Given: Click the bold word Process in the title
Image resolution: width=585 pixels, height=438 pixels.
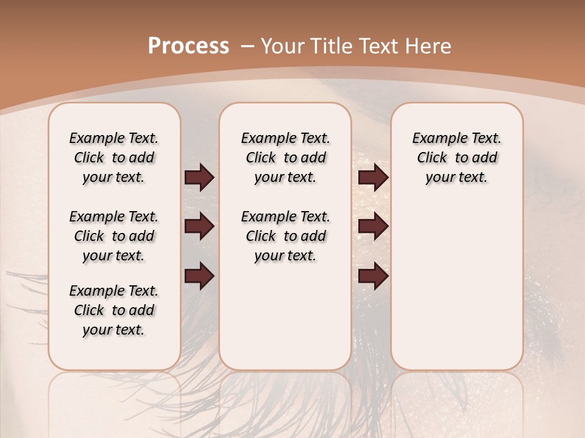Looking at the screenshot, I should coord(188,46).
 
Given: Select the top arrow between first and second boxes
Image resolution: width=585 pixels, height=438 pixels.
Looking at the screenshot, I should coord(199,177).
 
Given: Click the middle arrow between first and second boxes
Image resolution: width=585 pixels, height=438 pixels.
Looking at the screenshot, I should coord(199,226).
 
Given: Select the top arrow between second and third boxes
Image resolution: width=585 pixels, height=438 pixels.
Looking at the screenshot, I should coord(374,177).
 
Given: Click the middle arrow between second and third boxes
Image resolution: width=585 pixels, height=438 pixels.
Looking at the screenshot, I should coord(374,226).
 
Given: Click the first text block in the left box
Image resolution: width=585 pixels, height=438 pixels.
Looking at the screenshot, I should coord(114,158).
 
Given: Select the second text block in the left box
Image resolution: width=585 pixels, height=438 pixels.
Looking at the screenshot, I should coord(114,236).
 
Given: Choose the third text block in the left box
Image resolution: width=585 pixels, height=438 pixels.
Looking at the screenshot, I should coord(114,310).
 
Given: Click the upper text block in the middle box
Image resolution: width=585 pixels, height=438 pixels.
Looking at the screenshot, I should coord(285,158).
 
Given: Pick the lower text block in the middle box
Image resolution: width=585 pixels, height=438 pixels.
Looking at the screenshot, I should coord(285,236).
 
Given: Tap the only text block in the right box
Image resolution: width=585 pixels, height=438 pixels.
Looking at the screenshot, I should coord(456,158).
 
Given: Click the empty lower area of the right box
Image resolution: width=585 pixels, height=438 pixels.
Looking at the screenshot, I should coord(456,286).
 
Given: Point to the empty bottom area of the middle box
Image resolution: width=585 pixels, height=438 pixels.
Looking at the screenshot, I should coord(285,322).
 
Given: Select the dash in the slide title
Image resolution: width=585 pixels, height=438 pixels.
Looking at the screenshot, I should coord(247,46).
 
